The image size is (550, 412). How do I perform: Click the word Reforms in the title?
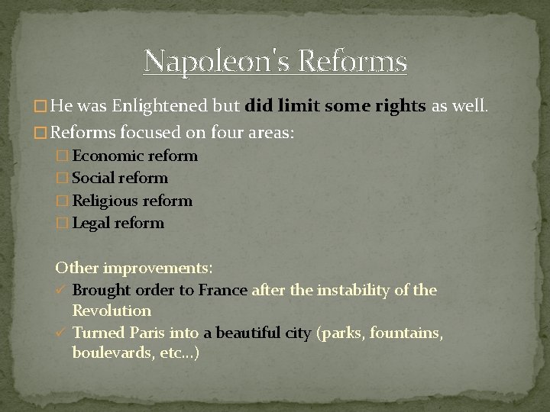(356, 61)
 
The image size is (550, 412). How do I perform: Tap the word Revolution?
(112, 311)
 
